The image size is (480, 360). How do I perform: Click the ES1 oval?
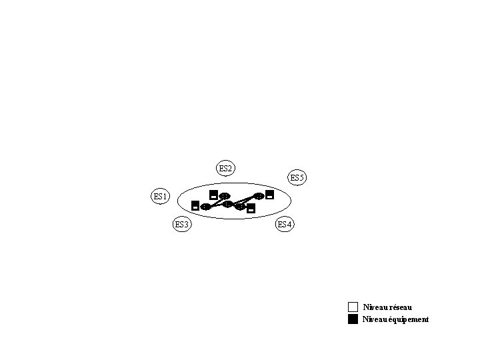click(161, 197)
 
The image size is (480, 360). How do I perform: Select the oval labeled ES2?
click(226, 169)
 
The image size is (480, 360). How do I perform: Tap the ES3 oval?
click(182, 225)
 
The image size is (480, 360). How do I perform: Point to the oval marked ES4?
click(285, 224)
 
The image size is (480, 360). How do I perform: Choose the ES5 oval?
click(297, 178)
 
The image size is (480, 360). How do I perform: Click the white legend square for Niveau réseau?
click(353, 307)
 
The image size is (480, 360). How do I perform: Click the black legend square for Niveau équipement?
click(353, 319)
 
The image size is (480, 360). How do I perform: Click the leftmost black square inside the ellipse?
click(195, 205)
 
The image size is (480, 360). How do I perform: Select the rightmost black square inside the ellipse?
click(270, 195)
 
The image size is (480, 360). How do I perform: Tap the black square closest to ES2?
click(213, 195)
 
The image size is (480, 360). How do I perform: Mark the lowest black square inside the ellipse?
click(251, 209)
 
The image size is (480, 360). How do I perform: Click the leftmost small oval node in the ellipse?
click(206, 207)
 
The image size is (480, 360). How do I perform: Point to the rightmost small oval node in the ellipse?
click(260, 196)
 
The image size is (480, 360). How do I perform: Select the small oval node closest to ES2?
click(225, 196)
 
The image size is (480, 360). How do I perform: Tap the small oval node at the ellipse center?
click(227, 204)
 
